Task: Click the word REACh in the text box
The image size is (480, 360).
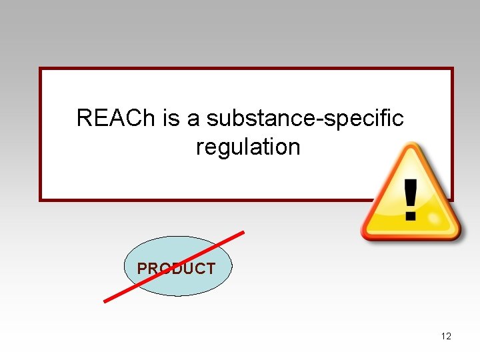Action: click(117, 118)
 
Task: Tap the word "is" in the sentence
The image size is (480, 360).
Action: click(172, 118)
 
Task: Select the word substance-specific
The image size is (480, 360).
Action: click(305, 118)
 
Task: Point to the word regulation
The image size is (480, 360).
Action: click(248, 147)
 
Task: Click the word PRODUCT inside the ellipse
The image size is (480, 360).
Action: click(176, 269)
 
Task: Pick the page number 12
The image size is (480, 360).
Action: click(446, 336)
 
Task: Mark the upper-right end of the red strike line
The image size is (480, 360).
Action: click(243, 233)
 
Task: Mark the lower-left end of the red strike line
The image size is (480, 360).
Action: click(105, 301)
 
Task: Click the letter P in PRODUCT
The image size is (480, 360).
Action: click(141, 269)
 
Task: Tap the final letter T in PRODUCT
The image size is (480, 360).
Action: click(210, 269)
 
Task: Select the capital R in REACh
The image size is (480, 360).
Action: click(84, 118)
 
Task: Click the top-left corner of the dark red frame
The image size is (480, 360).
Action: click(41, 69)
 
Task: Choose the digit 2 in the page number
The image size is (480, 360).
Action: click(449, 336)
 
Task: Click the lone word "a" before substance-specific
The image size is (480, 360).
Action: click(193, 119)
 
